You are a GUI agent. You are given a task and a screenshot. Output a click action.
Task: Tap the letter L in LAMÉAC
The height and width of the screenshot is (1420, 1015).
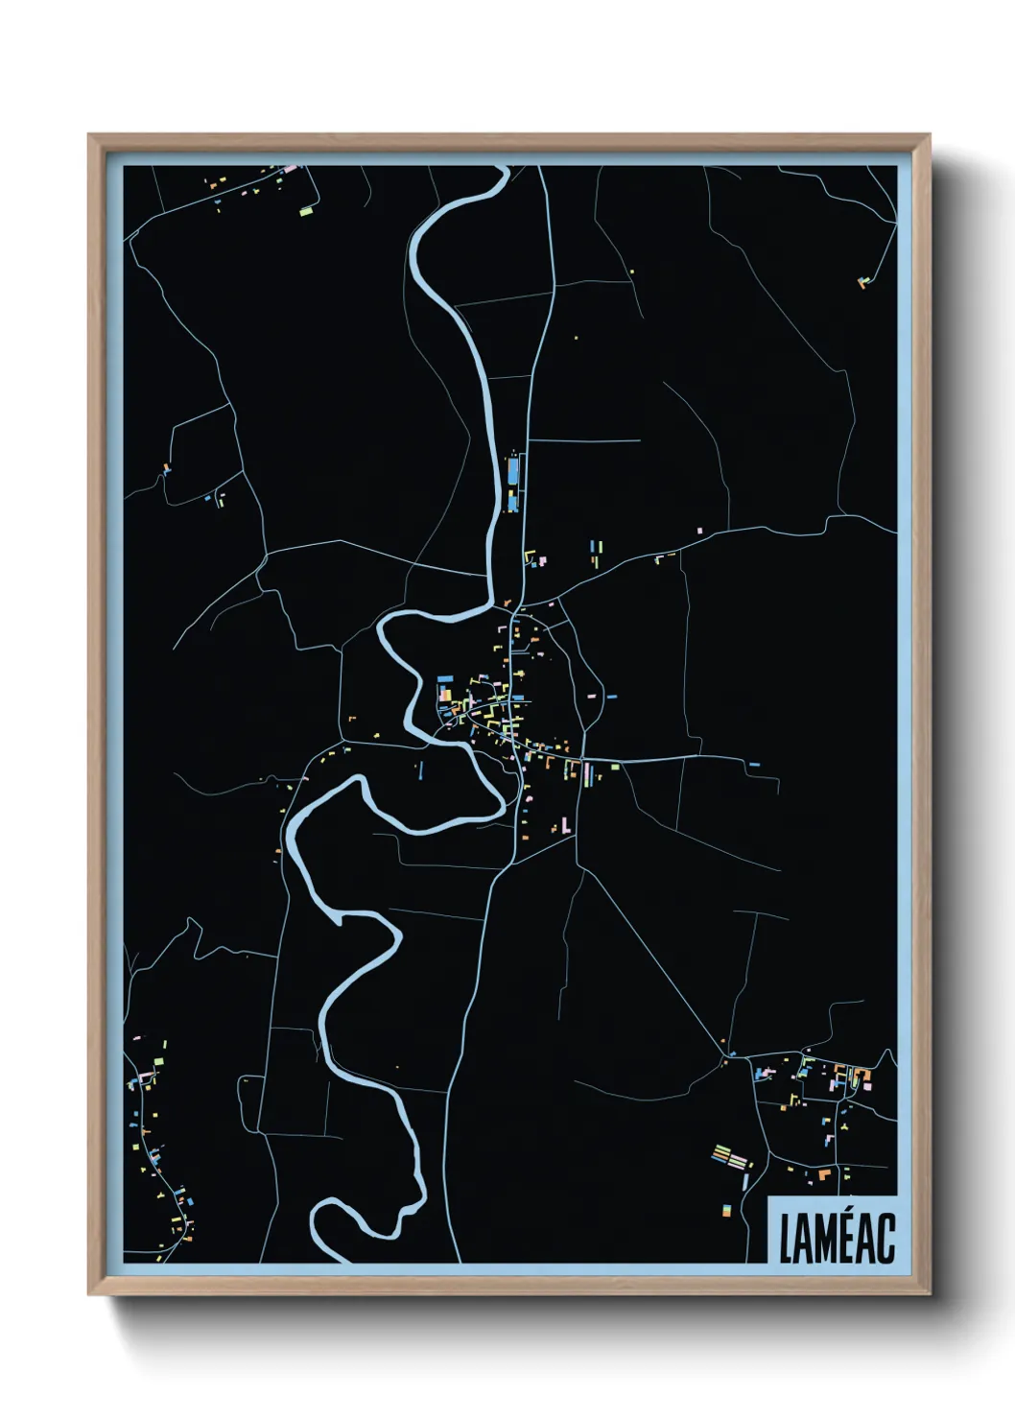click(787, 1239)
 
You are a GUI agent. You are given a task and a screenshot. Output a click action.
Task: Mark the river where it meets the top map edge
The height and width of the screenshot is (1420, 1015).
click(500, 169)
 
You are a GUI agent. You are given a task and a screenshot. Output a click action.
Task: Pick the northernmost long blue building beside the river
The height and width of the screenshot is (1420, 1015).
click(512, 470)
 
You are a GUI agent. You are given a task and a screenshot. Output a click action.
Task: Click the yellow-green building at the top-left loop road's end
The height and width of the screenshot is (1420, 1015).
click(306, 210)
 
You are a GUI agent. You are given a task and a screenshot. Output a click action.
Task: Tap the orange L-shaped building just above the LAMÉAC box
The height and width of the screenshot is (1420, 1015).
click(822, 1172)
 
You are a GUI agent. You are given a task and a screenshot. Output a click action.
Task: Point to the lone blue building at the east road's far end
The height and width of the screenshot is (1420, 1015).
click(754, 765)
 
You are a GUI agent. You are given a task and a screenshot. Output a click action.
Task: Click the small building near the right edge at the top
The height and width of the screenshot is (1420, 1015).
click(862, 282)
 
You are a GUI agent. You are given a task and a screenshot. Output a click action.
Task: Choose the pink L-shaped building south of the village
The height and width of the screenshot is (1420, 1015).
click(566, 823)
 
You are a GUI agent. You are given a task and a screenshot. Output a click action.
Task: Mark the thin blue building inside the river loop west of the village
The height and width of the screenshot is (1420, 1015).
click(419, 769)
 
